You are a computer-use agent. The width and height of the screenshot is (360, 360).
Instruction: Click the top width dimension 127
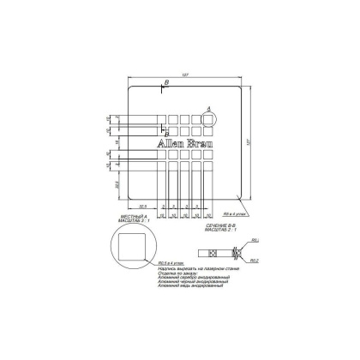point(185,73)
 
